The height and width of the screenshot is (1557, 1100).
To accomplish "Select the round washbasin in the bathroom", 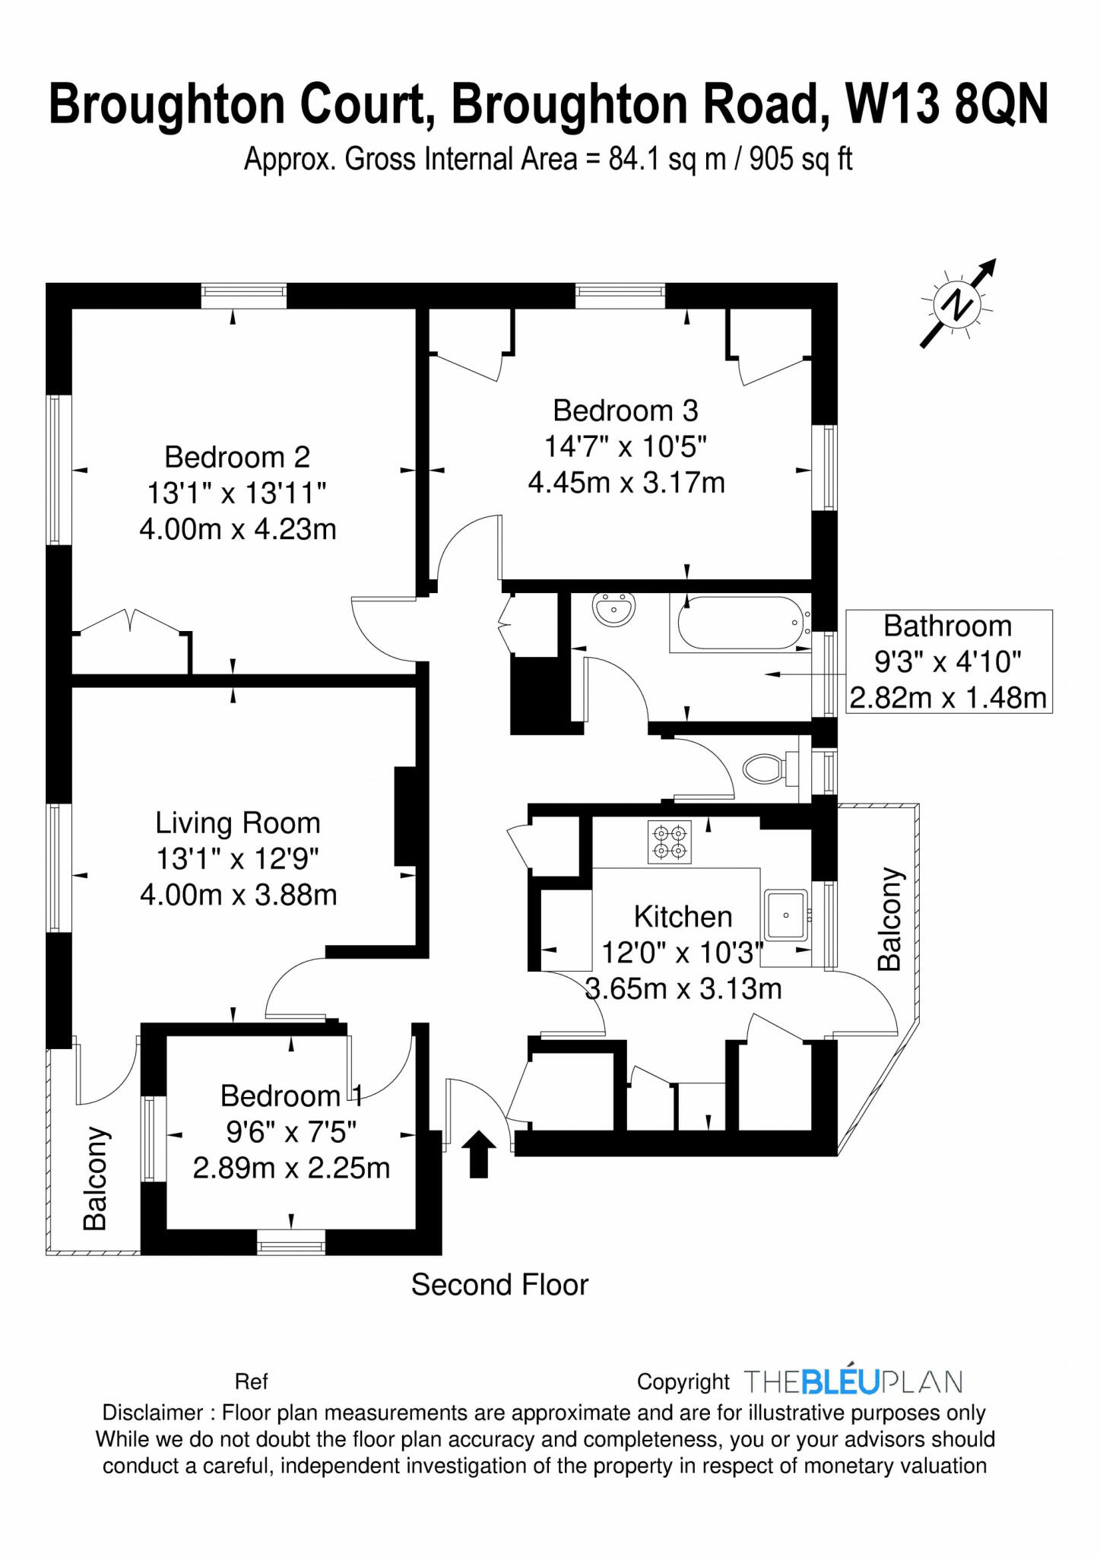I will point(613,609).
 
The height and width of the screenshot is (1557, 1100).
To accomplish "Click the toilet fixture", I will point(765,769).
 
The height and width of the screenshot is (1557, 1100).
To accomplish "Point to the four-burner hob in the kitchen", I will point(670,842).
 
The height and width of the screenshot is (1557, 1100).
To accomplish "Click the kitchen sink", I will point(786,915).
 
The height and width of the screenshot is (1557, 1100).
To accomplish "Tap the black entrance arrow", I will point(478,1153).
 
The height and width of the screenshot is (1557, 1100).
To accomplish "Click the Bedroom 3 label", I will point(625,411).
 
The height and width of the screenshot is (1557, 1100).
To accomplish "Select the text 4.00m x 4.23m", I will point(237,529).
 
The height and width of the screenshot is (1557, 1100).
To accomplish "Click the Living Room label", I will point(237,823).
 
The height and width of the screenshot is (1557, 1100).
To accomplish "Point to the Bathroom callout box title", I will point(947,626).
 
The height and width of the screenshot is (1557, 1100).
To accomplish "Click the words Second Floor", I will point(499,1285).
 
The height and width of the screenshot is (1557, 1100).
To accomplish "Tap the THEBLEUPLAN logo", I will point(853,1381).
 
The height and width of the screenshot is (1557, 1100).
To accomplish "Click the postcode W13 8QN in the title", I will point(946,104).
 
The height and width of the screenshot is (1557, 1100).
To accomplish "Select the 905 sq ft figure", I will point(800,160).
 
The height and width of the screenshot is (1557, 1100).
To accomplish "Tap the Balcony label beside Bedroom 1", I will point(96,1178).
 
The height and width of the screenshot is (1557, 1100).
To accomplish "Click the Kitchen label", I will point(683,917).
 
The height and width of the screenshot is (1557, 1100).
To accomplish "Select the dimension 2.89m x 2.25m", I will point(291,1168).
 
